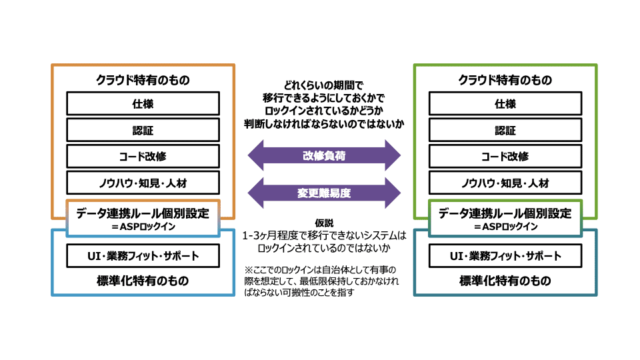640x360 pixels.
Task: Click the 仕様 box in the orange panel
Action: click(x=143, y=104)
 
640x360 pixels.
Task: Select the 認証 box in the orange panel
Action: click(x=143, y=130)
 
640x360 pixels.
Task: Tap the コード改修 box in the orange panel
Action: click(x=143, y=156)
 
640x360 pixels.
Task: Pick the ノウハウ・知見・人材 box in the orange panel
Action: click(x=143, y=183)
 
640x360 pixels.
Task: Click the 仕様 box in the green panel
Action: click(x=505, y=104)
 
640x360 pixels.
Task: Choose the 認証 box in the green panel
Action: click(x=505, y=130)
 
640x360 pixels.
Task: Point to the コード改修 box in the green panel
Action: click(x=505, y=156)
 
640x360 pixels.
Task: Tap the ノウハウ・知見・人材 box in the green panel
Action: click(x=505, y=183)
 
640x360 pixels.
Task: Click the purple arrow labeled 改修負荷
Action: click(x=324, y=155)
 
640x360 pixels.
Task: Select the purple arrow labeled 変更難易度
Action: click(x=324, y=193)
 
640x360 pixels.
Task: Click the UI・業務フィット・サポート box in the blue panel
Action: click(x=143, y=256)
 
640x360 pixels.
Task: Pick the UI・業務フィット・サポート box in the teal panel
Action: click(x=505, y=256)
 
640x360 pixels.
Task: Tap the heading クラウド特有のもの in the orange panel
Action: click(x=143, y=80)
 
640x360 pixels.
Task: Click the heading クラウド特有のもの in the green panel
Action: click(x=505, y=80)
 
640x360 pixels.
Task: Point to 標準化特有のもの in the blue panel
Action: click(x=143, y=281)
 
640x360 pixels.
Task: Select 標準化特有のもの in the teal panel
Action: click(x=505, y=281)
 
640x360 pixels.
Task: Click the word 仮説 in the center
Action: click(x=324, y=223)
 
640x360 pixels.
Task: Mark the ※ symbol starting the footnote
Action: click(x=249, y=270)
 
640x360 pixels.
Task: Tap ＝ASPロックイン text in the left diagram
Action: click(x=143, y=227)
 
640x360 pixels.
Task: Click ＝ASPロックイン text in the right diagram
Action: click(x=505, y=227)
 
